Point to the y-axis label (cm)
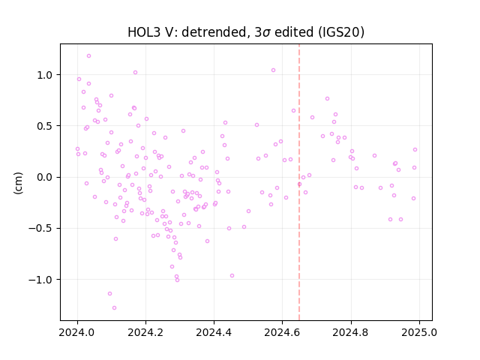(x=18, y=183)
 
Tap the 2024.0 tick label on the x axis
(x=77, y=332)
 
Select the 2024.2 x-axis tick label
(x=145, y=332)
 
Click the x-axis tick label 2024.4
(x=214, y=332)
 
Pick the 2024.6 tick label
(x=283, y=332)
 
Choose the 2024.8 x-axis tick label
(x=351, y=332)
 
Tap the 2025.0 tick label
(x=419, y=332)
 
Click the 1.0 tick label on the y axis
(x=45, y=75)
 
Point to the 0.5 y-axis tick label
(x=45, y=126)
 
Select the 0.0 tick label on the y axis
(x=45, y=177)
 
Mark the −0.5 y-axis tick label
(x=41, y=228)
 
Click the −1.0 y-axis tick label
(x=41, y=280)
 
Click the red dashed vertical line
(x=299, y=182)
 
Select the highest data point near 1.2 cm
(x=88, y=56)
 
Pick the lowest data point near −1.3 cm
(x=114, y=308)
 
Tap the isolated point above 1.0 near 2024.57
(x=273, y=70)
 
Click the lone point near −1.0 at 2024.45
(x=232, y=276)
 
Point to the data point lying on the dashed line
(x=299, y=184)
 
